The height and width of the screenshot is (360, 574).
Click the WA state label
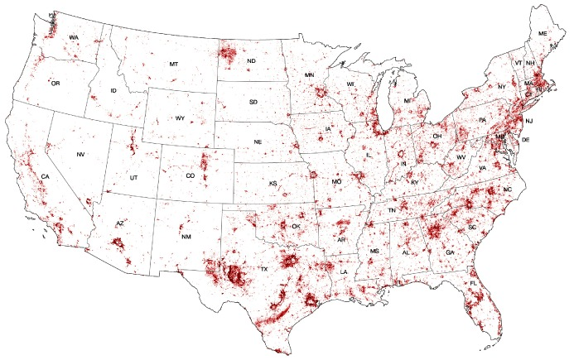click(74, 38)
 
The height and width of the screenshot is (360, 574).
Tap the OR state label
click(55, 84)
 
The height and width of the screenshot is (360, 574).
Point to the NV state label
click(80, 155)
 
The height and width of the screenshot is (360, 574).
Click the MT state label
click(174, 64)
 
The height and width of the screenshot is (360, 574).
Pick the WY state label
click(180, 118)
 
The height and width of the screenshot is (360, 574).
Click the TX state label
click(264, 270)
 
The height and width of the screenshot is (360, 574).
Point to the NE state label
click(258, 142)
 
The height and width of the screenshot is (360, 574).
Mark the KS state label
click(273, 183)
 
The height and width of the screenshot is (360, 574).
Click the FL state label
click(474, 284)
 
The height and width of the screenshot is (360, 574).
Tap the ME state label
click(543, 33)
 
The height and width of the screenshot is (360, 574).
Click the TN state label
click(393, 212)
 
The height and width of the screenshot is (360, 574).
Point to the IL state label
click(369, 155)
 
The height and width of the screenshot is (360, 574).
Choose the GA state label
click(450, 251)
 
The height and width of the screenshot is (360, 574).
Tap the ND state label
click(251, 60)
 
